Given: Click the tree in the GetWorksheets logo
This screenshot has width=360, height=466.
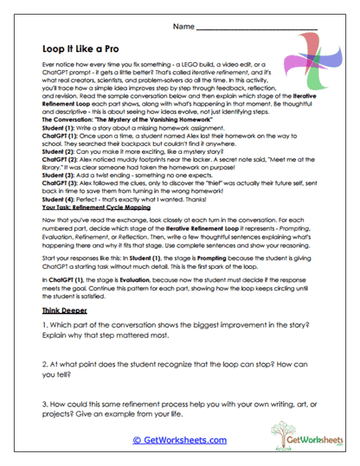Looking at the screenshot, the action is (282, 432).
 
